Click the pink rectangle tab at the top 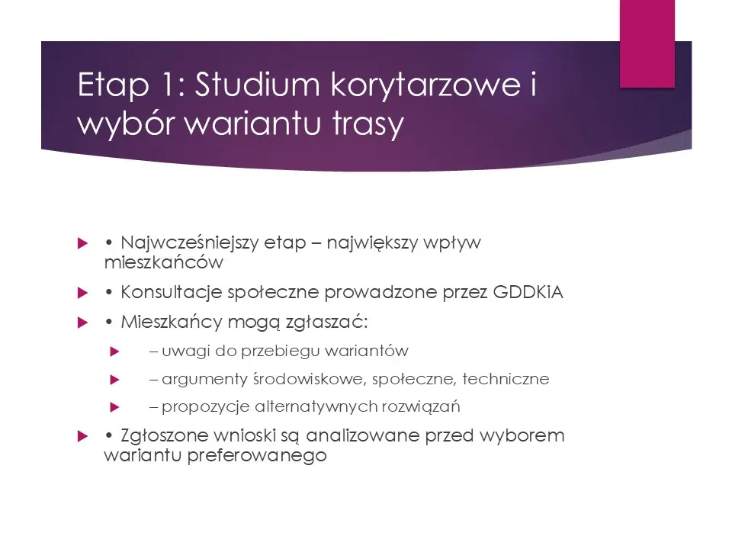647,43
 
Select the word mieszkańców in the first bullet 162,263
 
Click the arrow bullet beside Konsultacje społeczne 84,292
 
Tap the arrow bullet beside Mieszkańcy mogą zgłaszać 84,322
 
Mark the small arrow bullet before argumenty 115,379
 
